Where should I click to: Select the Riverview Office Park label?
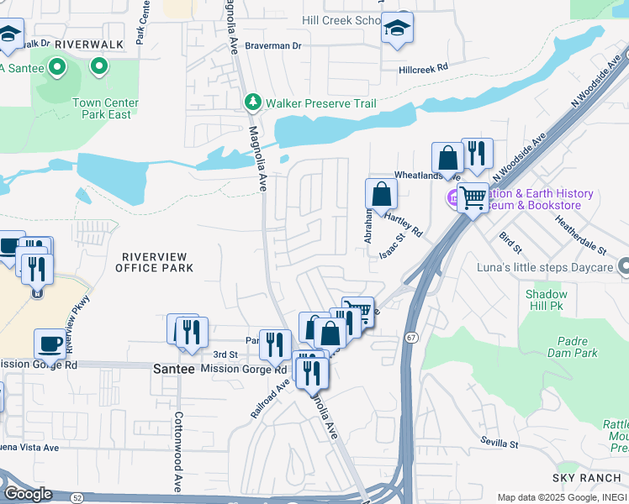[157, 261]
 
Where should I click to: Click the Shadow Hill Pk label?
[547, 301]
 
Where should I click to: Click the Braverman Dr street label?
[272, 45]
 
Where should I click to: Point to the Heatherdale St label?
[581, 234]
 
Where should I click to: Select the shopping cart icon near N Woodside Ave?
[473, 198]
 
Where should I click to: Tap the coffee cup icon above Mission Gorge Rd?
[50, 344]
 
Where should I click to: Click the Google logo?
[28, 493]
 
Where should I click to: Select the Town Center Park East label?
[105, 108]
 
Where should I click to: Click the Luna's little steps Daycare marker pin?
[623, 267]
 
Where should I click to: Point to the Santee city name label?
[174, 369]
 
